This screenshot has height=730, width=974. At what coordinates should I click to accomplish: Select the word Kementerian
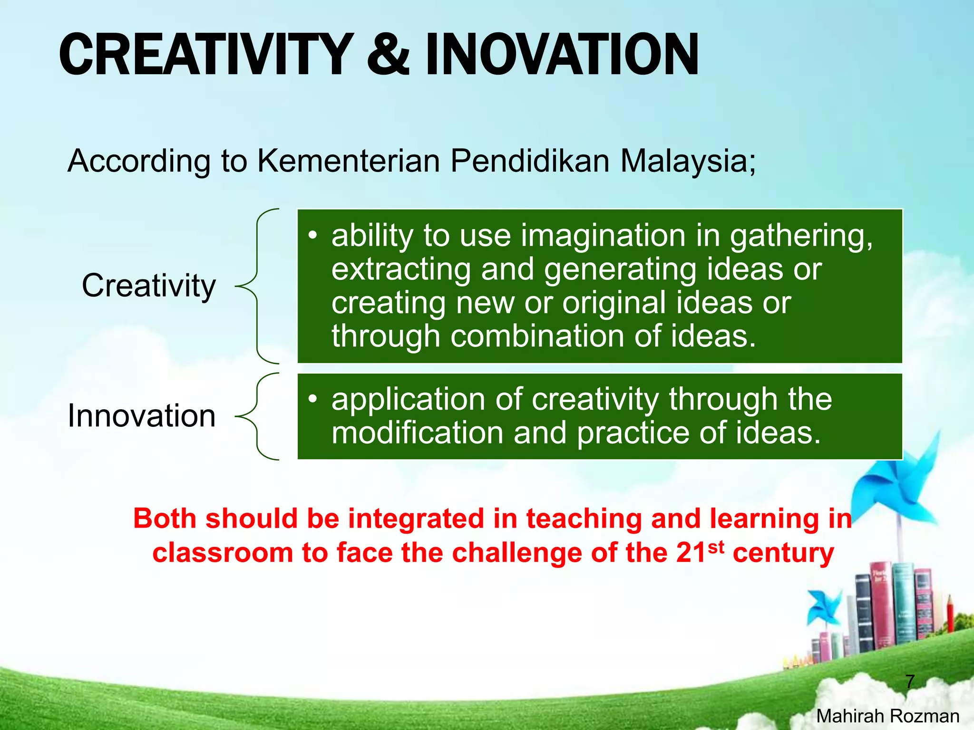point(349,161)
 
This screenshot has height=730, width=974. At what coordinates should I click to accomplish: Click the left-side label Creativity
point(149,286)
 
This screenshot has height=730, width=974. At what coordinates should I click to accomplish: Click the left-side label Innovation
point(142,416)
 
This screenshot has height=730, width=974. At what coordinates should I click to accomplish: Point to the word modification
point(418,433)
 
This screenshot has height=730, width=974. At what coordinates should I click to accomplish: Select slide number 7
point(910,682)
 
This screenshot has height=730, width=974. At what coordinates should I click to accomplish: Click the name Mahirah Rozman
point(887,716)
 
